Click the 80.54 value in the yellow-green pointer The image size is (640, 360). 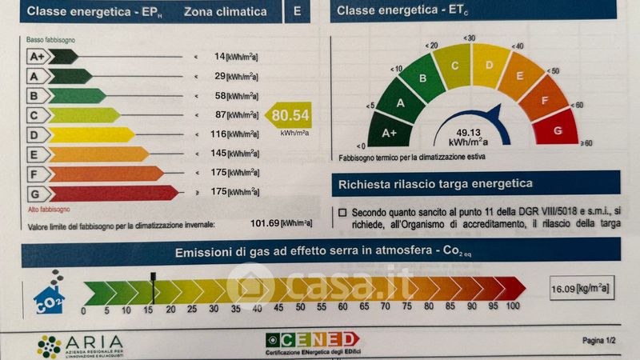[x=290, y=115]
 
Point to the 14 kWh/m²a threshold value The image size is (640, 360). [x=220, y=57]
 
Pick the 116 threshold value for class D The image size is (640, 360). [x=217, y=134]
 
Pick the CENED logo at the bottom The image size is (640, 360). [x=313, y=340]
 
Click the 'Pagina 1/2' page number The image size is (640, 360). [x=598, y=341]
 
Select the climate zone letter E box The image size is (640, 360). [x=298, y=12]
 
